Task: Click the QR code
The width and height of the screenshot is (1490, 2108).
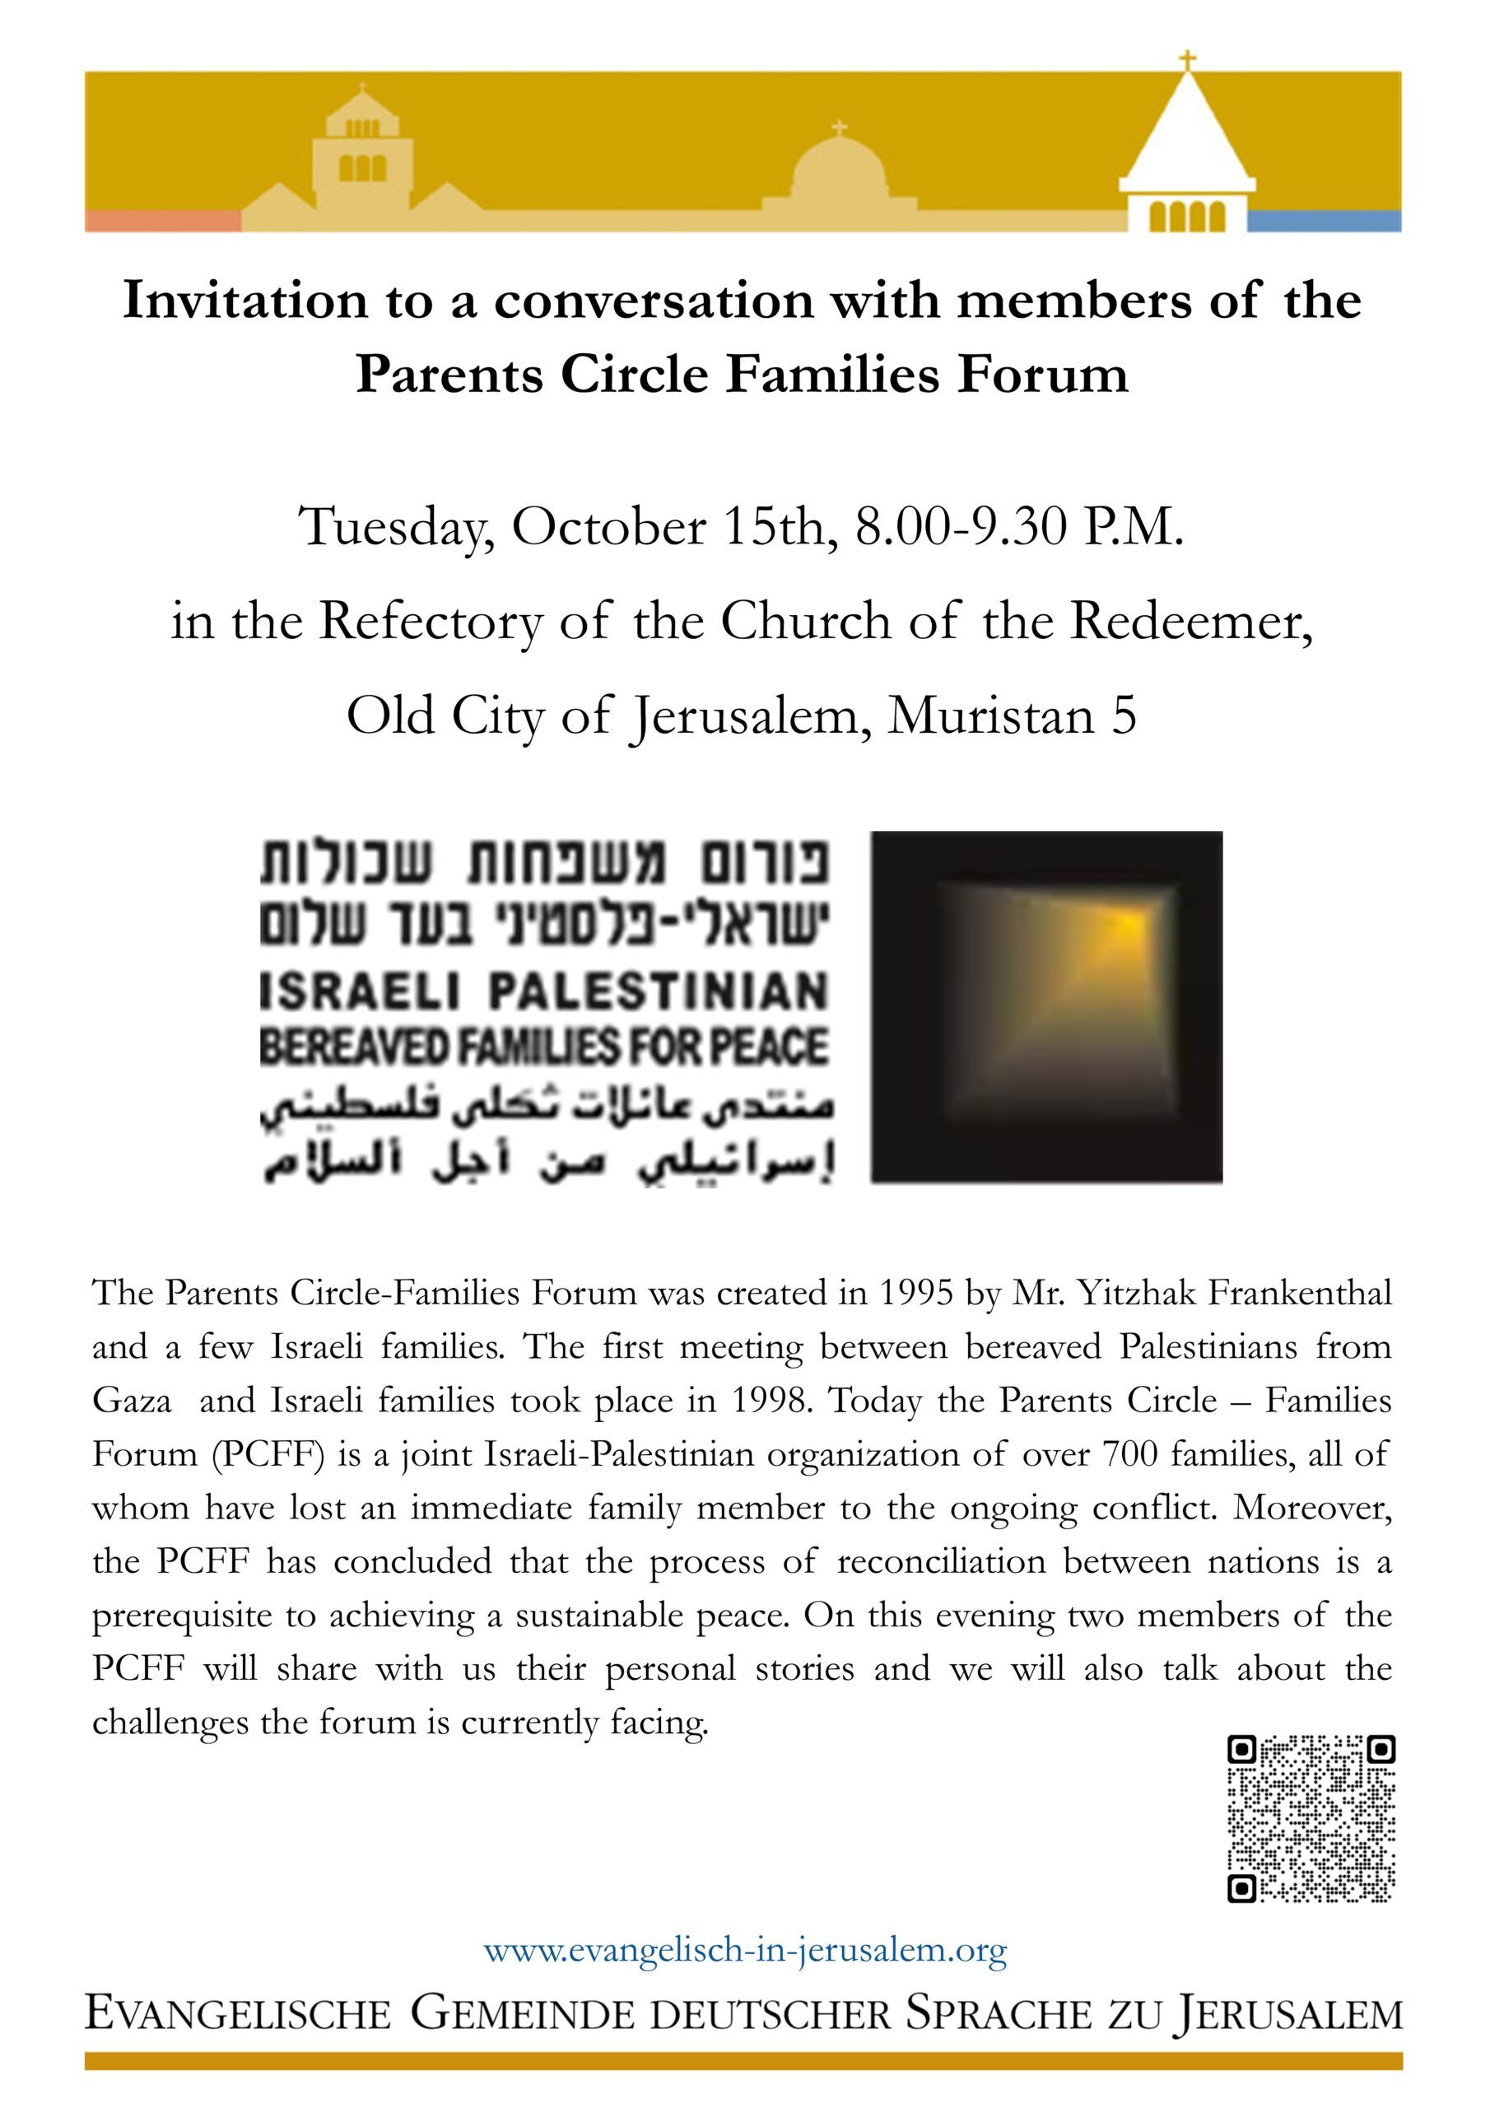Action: (1311, 1818)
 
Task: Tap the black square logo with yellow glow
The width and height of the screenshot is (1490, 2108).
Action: (1046, 1006)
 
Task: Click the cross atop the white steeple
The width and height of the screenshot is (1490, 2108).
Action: (1188, 62)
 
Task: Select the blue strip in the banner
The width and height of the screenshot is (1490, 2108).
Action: (1324, 221)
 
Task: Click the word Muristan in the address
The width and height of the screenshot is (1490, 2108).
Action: (990, 716)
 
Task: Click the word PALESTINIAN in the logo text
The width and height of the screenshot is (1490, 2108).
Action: (659, 993)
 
